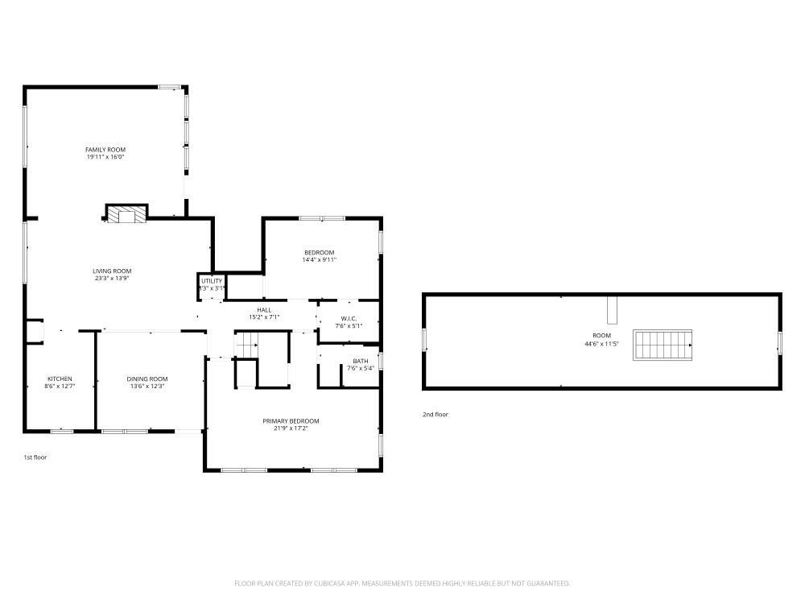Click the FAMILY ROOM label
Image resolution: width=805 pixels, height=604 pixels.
coord(105,150)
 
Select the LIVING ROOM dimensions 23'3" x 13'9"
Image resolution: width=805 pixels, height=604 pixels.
coord(111,279)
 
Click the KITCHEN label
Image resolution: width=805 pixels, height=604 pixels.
coord(60,379)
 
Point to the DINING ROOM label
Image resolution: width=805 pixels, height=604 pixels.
coord(147,379)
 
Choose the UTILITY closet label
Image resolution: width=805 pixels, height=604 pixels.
coord(212,281)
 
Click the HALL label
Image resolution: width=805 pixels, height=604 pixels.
coord(264,310)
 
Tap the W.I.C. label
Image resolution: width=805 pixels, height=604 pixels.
coord(349,319)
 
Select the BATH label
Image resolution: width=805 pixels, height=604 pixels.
coord(360,361)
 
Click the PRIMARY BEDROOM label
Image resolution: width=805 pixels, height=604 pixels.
coord(291,420)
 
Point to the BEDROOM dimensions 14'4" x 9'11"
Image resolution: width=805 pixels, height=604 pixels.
coord(319,260)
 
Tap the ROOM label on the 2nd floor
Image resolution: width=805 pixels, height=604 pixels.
coord(601,336)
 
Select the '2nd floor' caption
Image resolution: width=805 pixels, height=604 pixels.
coord(436,415)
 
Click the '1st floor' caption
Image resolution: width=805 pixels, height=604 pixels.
coord(35,457)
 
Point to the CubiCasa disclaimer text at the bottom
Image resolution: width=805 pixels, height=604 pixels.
coord(402,583)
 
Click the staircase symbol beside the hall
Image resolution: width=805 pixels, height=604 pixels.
coord(246,345)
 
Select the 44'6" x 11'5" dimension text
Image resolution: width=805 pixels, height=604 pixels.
coord(601,344)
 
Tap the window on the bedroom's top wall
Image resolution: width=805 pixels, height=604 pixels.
coord(321,218)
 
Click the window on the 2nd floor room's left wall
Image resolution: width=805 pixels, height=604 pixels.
coord(424,339)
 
